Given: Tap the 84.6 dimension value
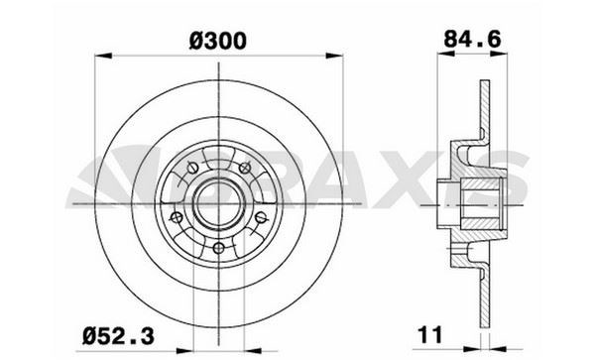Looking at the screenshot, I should pos(466,41).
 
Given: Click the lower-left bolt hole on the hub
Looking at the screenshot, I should pos(175,217).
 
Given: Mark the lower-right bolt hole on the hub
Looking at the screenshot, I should pos(260,217).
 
